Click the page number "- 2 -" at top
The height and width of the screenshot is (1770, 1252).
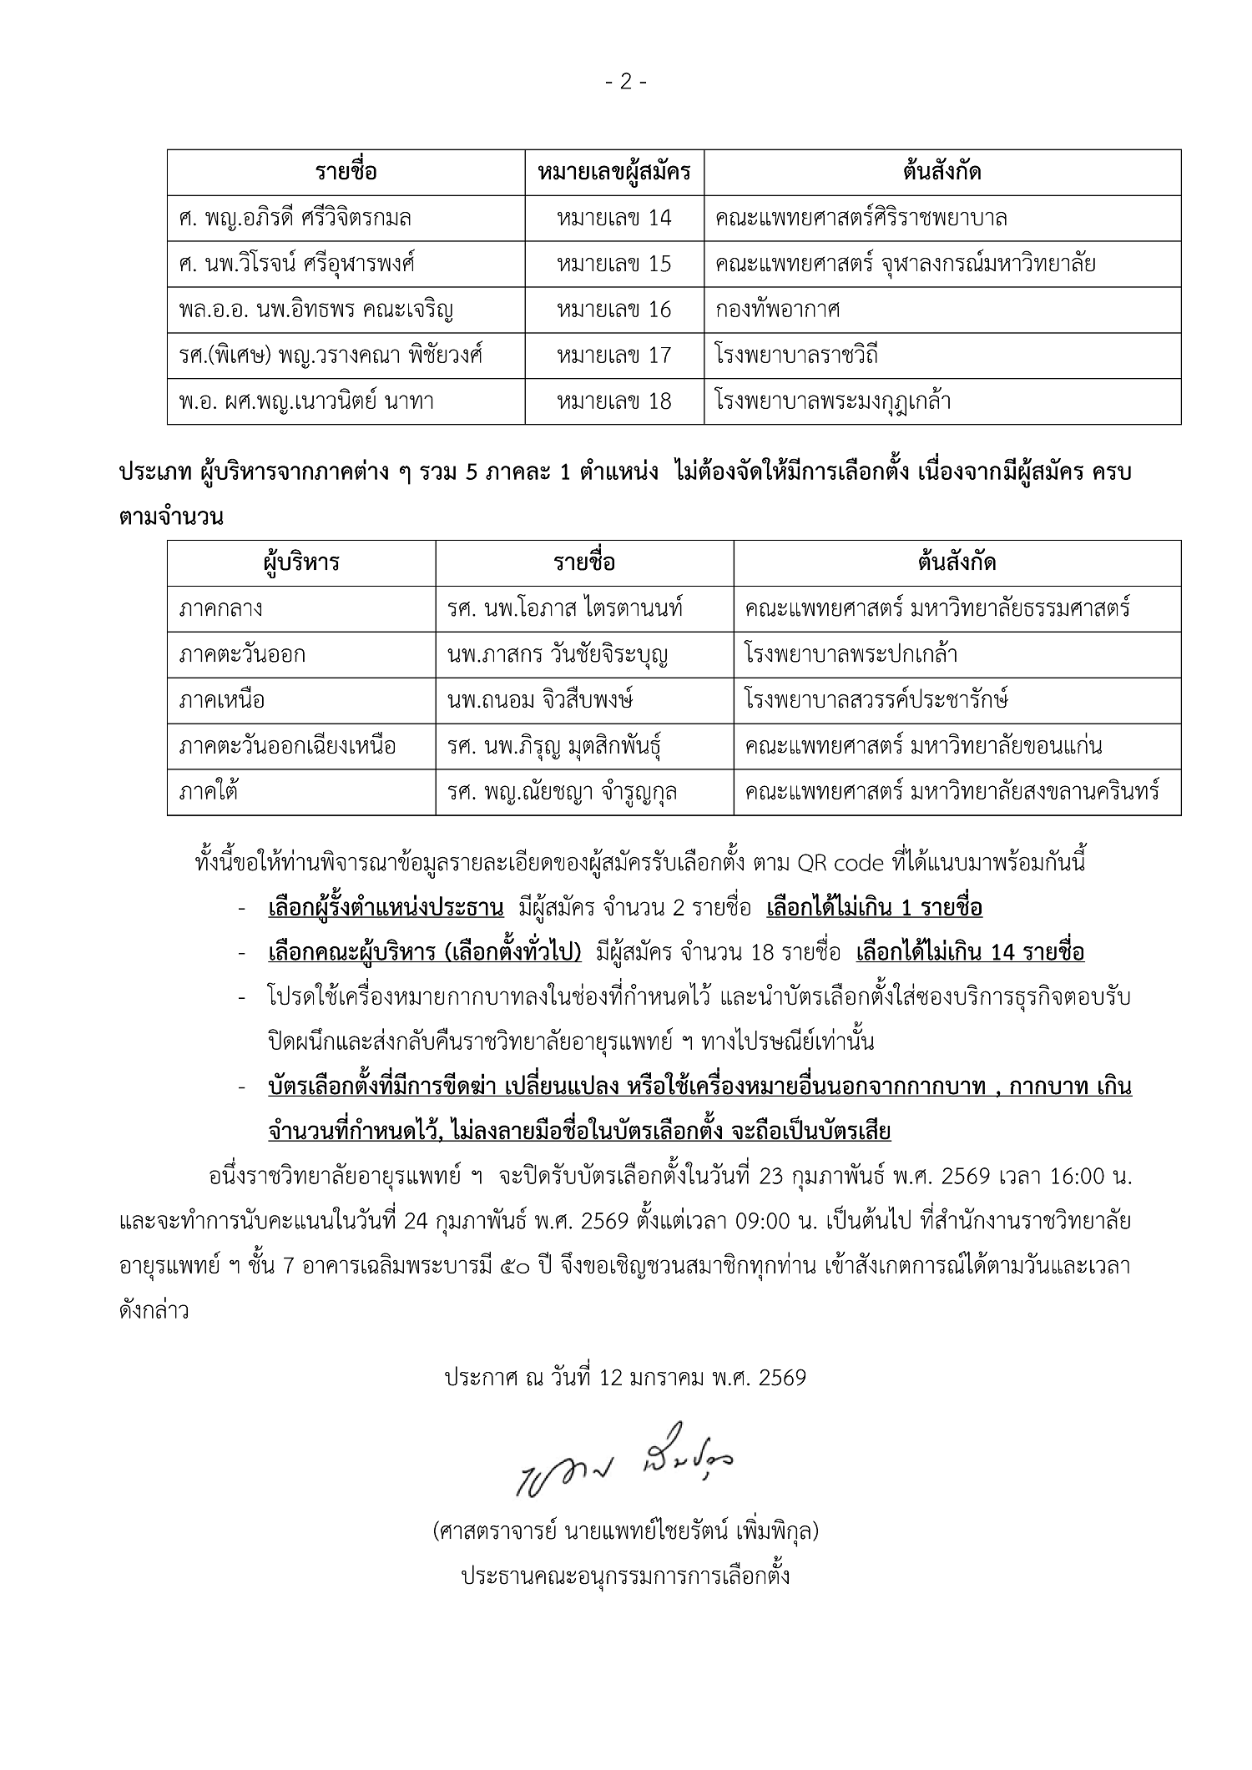click(x=625, y=82)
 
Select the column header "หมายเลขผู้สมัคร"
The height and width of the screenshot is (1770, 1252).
click(x=614, y=173)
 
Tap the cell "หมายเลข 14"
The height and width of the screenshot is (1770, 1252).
click(x=614, y=219)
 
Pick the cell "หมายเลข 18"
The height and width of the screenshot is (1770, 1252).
click(x=614, y=402)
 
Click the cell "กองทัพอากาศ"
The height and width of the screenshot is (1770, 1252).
click(x=777, y=310)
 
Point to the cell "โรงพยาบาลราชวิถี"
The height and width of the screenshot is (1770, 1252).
click(x=796, y=356)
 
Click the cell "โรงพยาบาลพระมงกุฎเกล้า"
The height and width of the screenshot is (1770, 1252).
click(x=833, y=402)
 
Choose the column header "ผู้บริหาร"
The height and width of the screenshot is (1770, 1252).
click(x=301, y=562)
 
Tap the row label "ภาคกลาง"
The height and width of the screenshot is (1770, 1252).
click(x=220, y=608)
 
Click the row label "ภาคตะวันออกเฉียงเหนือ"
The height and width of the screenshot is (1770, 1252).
click(x=287, y=746)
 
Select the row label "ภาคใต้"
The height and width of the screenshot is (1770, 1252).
click(x=208, y=791)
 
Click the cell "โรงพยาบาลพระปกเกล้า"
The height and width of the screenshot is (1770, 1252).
click(x=851, y=654)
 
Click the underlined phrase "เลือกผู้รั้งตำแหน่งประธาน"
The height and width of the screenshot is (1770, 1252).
click(x=386, y=908)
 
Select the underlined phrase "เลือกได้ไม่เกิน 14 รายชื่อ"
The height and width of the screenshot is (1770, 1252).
click(x=970, y=953)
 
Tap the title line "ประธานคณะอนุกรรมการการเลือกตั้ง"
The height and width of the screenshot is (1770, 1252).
click(x=625, y=1576)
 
